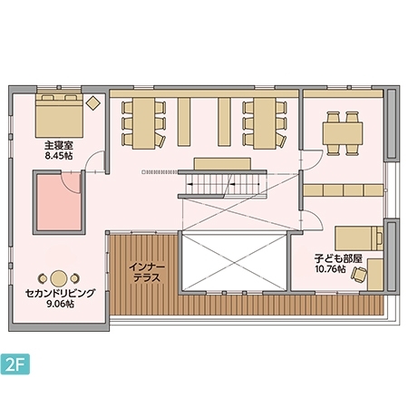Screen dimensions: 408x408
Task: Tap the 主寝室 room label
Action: (59, 146)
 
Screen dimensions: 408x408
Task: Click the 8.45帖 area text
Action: (59, 156)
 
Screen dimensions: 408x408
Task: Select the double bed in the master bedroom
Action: (59, 115)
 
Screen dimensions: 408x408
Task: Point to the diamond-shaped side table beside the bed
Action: (93, 103)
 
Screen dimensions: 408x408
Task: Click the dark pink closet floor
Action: (59, 202)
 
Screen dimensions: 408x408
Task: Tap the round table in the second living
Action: (59, 278)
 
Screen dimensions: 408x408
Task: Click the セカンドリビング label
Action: (60, 293)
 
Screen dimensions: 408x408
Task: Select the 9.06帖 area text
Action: (60, 304)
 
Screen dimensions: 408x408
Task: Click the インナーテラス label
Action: (147, 272)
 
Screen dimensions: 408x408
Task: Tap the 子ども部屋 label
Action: (338, 258)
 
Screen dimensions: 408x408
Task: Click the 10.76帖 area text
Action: (330, 268)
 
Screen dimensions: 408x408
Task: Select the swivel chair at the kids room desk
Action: (359, 275)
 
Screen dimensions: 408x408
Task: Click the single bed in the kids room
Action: (359, 238)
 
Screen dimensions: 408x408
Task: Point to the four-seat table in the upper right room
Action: (343, 133)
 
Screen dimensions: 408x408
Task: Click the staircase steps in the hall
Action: (223, 184)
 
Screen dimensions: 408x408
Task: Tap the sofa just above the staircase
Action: (222, 163)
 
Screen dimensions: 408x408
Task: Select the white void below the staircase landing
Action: (234, 262)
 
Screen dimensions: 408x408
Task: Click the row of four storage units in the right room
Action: (344, 190)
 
